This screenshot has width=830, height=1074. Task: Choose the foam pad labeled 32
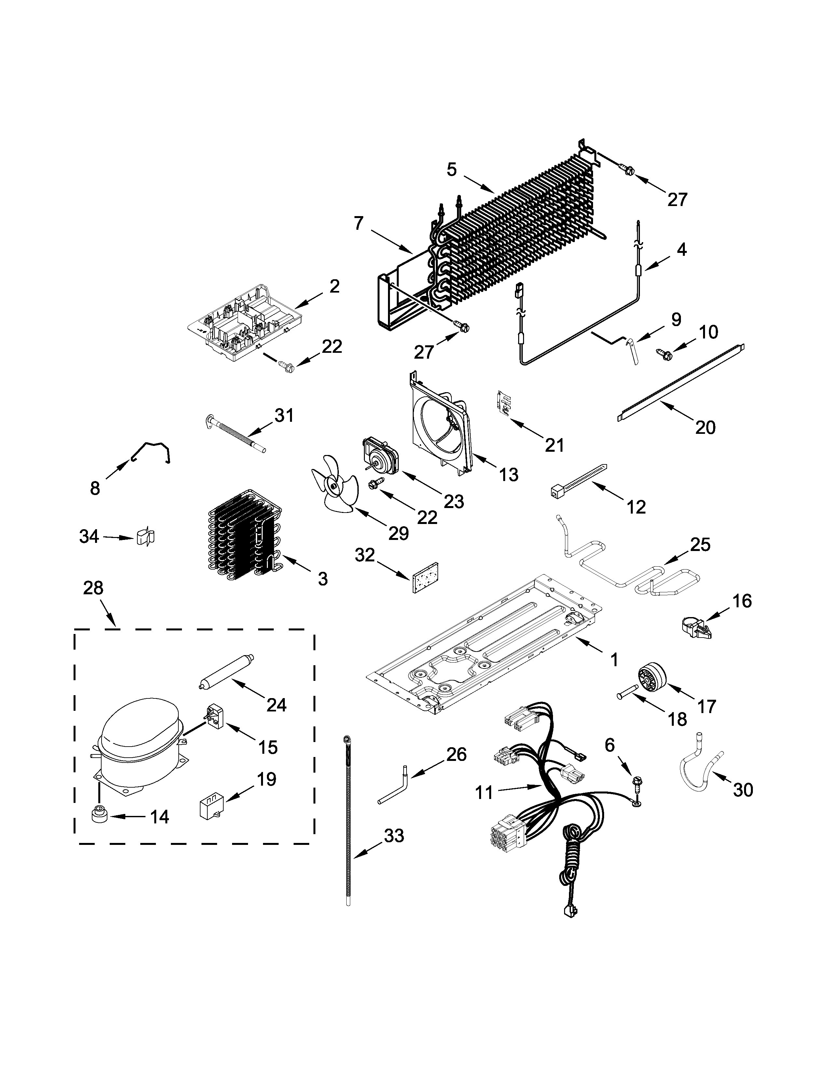425,578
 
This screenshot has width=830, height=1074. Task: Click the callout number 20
705,427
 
